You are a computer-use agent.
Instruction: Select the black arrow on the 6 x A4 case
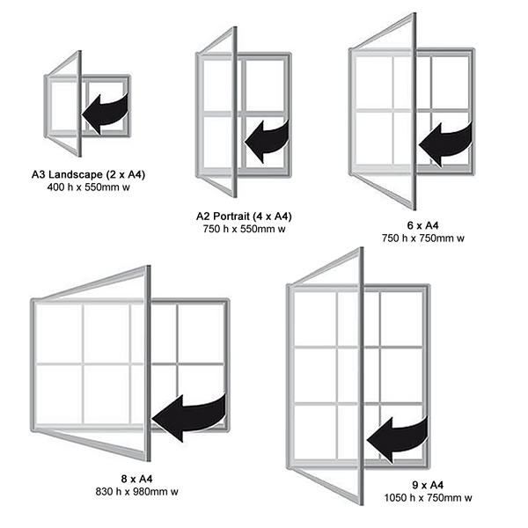446,144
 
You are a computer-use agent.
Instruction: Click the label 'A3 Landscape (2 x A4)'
88,174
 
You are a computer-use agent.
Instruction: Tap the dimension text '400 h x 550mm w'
89,187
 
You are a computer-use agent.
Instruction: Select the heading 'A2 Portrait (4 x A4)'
244,216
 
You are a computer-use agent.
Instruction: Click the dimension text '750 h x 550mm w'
244,229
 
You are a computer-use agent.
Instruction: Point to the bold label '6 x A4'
423,225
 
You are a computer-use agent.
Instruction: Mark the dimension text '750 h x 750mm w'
423,238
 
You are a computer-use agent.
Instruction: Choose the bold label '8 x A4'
136,479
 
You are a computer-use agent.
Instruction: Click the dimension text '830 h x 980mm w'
136,492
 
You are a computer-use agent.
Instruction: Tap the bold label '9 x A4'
428,485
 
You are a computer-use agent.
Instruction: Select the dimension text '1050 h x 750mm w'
428,498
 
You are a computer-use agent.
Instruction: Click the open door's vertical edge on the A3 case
80,104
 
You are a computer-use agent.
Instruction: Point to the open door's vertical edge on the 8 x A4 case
148,363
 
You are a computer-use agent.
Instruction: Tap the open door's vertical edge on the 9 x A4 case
362,376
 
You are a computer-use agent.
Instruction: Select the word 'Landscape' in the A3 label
76,175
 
